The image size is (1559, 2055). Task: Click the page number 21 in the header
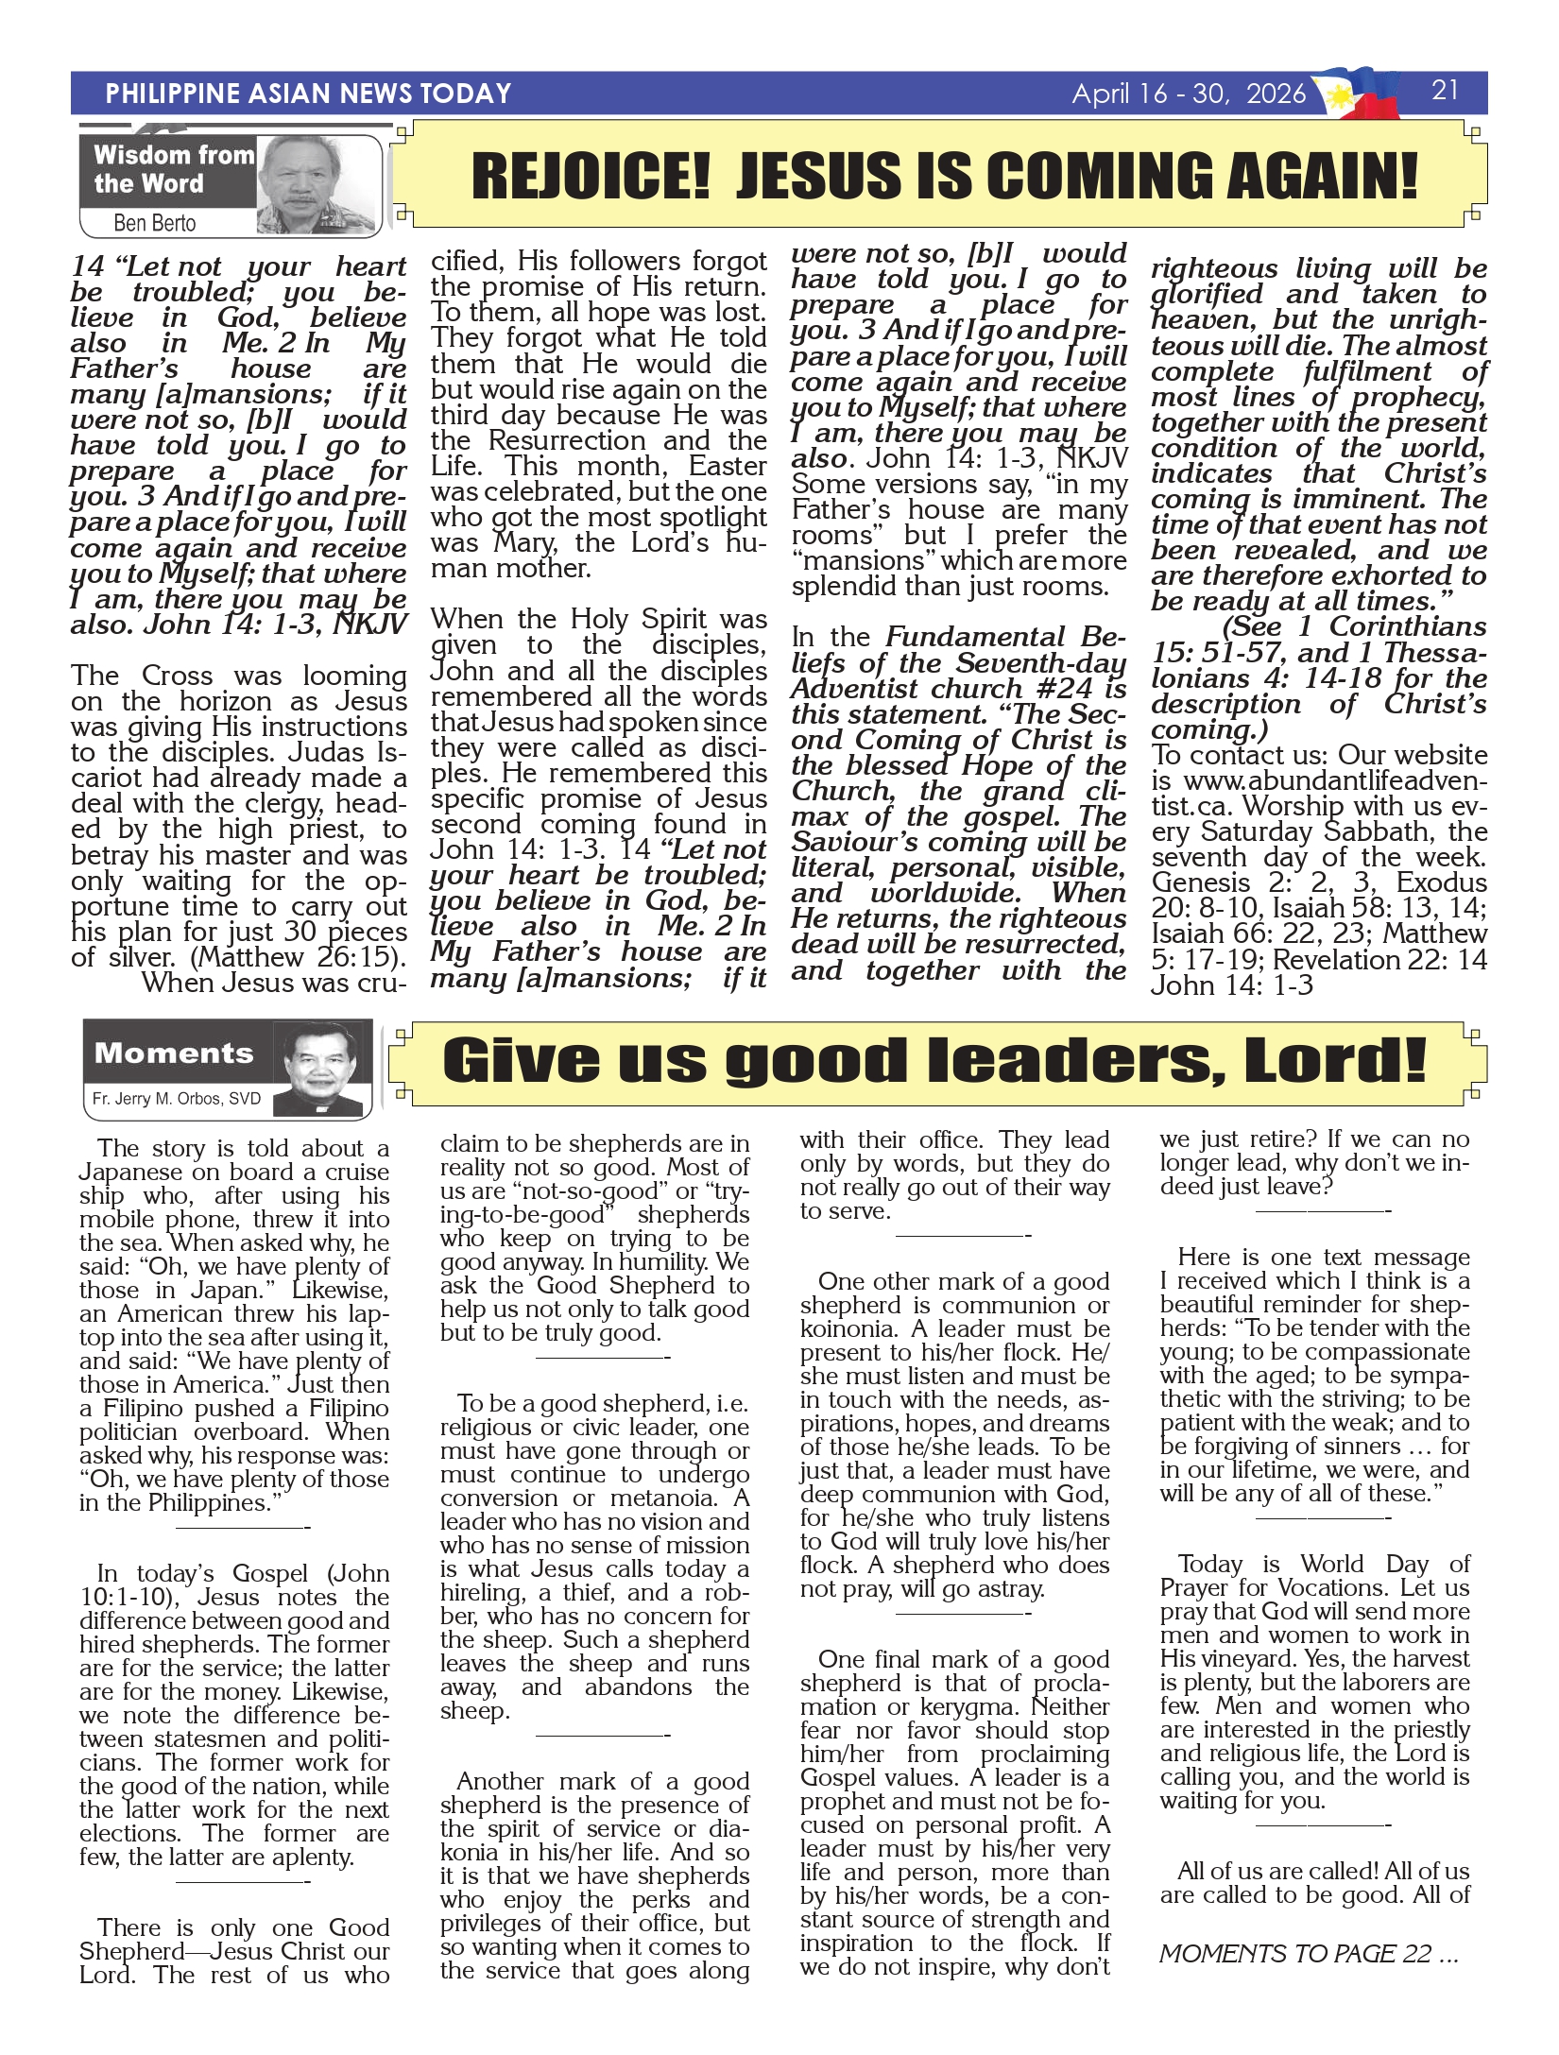point(1445,90)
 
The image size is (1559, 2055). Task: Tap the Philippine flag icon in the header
point(1362,93)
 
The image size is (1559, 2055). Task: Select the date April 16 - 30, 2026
point(1188,94)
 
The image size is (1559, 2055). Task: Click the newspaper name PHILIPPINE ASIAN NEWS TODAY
point(308,94)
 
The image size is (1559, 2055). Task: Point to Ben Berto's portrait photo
point(317,184)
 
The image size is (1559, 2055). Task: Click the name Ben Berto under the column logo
point(154,223)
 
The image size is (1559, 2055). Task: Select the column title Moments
point(174,1053)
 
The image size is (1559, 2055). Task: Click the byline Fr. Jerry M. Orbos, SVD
point(176,1099)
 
